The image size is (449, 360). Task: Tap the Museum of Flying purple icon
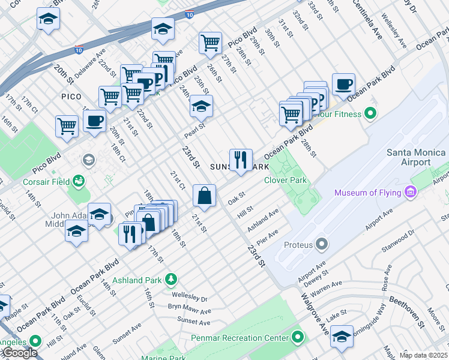pyautogui.click(x=411, y=193)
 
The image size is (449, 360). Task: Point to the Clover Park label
pyautogui.click(x=286, y=180)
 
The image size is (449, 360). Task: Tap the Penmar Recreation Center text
pyautogui.click(x=240, y=338)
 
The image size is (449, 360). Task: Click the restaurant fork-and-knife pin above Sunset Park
pyautogui.click(x=241, y=160)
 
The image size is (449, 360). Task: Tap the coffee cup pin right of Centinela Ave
pyautogui.click(x=343, y=85)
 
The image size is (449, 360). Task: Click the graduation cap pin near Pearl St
pyautogui.click(x=201, y=106)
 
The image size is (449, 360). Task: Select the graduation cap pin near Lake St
pyautogui.click(x=342, y=336)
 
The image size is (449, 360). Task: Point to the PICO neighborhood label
pyautogui.click(x=71, y=96)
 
